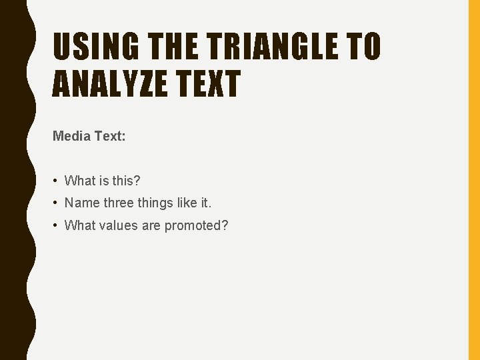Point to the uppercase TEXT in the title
tap(209, 85)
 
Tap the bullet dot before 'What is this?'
tap(56, 181)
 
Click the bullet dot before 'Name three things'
tap(56, 203)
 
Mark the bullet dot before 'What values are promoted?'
tap(56, 226)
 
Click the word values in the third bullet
tap(119, 226)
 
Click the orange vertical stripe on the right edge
tap(474, 180)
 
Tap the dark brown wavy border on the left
tap(13, 180)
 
